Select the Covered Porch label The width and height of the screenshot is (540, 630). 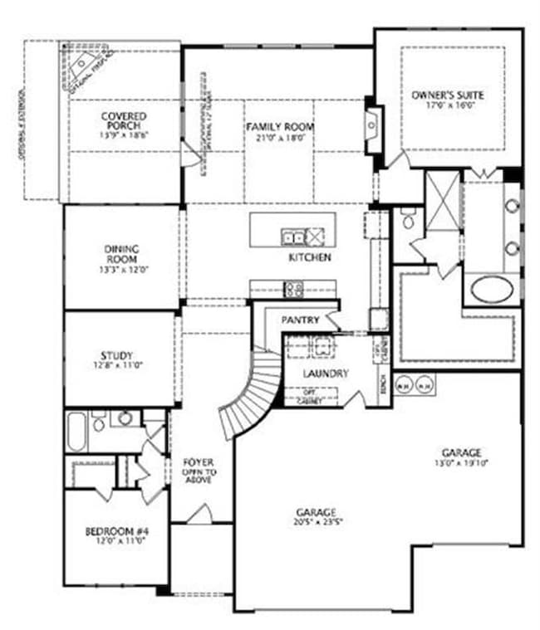point(124,120)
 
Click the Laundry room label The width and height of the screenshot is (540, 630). point(326,374)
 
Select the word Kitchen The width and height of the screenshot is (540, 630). point(310,258)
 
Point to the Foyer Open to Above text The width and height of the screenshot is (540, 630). point(199,471)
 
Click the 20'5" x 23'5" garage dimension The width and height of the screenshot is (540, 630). point(316,523)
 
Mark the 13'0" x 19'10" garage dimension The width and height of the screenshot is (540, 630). point(461,463)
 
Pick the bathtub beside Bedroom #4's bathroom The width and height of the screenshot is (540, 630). point(77,430)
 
